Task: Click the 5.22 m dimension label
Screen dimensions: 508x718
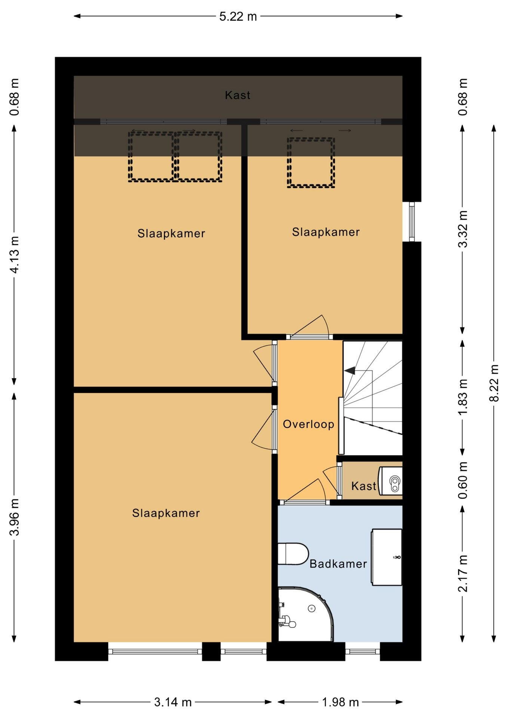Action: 238,16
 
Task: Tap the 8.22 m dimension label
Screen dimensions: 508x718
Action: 495,383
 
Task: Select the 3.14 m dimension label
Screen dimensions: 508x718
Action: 173,702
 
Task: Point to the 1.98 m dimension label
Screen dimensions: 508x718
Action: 340,702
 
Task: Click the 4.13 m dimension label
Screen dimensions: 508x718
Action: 15,255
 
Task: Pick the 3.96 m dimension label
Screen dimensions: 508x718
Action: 15,517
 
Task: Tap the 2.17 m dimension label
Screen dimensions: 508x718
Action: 463,573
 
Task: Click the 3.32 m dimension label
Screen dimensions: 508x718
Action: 463,229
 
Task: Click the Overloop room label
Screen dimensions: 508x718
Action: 308,424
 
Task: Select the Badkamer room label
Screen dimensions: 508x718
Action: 338,564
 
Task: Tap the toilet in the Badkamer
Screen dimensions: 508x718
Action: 293,553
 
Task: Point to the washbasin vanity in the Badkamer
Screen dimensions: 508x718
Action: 386,557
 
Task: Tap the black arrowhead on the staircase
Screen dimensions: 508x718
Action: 350,371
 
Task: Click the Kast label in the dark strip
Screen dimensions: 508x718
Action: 238,95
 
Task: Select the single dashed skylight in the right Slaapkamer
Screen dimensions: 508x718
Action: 311,162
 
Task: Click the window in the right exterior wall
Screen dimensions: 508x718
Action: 412,222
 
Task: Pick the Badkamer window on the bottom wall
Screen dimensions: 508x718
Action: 362,651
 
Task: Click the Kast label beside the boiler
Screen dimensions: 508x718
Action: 364,486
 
